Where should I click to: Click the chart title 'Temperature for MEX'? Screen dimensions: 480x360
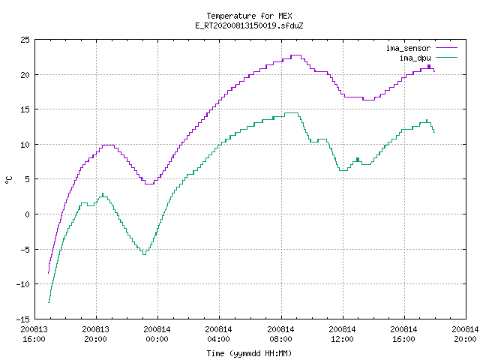[x=249, y=16]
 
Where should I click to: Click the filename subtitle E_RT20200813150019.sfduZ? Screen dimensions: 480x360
[x=249, y=25]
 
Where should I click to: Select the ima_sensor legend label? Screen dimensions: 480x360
[x=408, y=48]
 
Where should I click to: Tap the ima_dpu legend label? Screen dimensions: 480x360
[x=415, y=58]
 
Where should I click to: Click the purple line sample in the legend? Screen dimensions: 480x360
[x=446, y=48]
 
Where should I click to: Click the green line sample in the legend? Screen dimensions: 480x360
[x=446, y=57]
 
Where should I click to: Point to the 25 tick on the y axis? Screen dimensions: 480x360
[x=25, y=40]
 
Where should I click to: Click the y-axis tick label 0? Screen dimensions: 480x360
[x=27, y=214]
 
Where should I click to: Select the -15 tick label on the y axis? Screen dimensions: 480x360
[x=23, y=319]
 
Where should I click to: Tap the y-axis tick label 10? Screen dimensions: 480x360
[x=25, y=145]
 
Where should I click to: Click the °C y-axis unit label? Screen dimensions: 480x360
[x=9, y=180]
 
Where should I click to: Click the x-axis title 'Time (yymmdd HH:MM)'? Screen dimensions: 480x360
[x=249, y=353]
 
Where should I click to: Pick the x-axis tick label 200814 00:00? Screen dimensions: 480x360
[x=157, y=334]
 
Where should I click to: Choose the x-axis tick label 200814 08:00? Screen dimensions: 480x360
[x=280, y=334]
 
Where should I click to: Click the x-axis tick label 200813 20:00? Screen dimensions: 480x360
[x=95, y=334]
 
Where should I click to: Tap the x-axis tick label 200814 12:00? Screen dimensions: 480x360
[x=342, y=334]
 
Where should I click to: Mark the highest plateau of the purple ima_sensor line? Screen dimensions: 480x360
[x=296, y=55]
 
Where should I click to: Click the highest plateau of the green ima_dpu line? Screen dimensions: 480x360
[x=291, y=113]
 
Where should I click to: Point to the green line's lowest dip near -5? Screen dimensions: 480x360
[x=145, y=254]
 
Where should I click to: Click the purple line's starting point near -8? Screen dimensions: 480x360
[x=48, y=273]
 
